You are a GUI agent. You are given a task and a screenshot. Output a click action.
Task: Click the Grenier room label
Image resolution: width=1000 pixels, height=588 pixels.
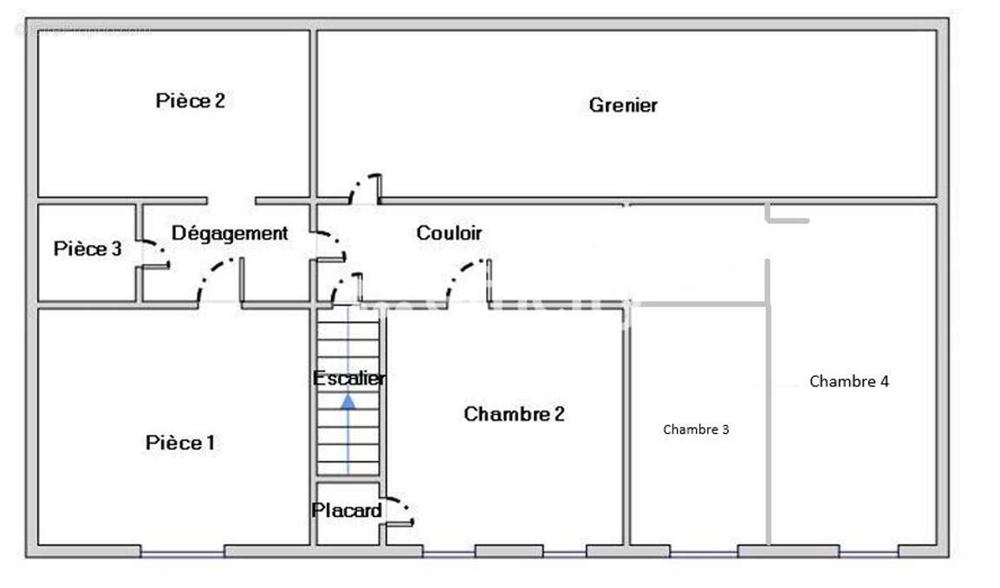point(623,105)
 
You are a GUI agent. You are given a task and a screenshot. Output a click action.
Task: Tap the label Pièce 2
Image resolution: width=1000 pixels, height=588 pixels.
point(190,100)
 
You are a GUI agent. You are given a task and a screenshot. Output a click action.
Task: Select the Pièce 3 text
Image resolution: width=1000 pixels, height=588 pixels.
point(88,249)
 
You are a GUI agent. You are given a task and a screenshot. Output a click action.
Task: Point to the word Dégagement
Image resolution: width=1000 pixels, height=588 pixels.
point(230,233)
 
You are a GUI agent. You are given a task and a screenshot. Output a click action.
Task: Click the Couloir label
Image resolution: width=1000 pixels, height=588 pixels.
point(449,233)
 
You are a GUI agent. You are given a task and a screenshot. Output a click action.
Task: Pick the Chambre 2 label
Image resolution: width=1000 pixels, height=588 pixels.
point(514,414)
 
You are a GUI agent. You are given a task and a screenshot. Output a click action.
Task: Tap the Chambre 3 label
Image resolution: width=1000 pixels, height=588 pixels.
point(696,430)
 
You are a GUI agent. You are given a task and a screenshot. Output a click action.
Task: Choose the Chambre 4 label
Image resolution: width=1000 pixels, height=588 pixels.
point(848,381)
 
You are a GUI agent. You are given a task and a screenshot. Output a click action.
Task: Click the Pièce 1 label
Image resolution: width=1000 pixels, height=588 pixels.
point(180,443)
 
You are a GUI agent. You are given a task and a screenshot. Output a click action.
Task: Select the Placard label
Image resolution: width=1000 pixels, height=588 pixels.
point(347,511)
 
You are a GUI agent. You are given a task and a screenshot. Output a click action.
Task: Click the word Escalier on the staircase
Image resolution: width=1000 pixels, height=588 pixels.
point(349,378)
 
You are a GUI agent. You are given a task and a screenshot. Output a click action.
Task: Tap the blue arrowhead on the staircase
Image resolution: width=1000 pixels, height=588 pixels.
point(347,401)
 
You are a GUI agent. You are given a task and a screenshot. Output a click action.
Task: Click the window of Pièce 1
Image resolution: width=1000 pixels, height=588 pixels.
point(182,551)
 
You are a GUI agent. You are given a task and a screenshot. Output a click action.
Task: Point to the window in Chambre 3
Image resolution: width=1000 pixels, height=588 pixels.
point(704,551)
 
